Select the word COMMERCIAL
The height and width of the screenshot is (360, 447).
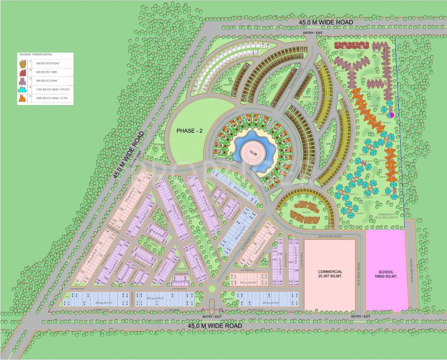[x=330, y=271]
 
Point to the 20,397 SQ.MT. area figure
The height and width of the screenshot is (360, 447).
[x=330, y=277]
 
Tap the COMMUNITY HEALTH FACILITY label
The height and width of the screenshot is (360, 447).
[x=384, y=216]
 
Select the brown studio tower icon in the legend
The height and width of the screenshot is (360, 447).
[x=23, y=63]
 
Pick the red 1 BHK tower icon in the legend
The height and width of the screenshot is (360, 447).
[x=23, y=72]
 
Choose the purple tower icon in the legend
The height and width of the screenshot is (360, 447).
[x=23, y=81]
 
